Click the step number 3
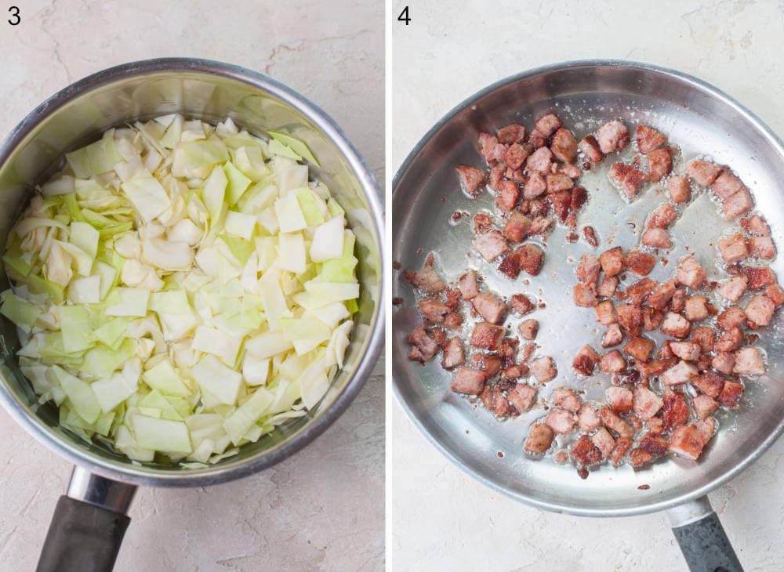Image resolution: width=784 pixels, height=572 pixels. [x=14, y=15]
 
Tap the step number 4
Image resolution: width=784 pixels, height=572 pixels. [x=404, y=15]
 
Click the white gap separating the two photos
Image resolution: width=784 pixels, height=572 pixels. [x=388, y=286]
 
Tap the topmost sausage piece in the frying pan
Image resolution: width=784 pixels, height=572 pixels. [x=547, y=125]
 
